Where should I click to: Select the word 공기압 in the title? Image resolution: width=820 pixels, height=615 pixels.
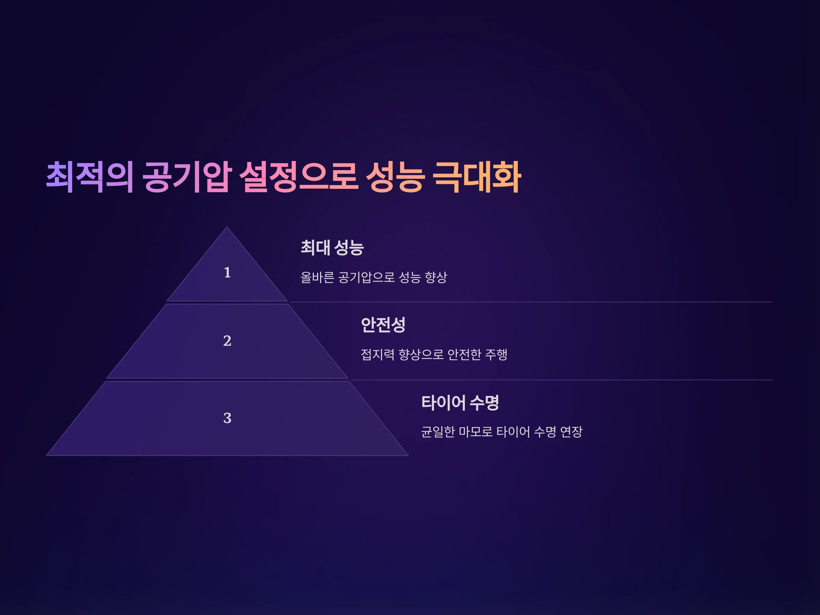[187, 177]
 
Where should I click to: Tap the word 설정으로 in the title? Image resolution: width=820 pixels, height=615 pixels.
[299, 177]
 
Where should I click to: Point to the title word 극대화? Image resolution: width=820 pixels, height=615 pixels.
[477, 177]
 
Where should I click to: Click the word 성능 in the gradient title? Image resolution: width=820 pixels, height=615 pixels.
[395, 177]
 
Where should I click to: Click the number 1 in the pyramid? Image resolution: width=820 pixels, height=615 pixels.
[227, 272]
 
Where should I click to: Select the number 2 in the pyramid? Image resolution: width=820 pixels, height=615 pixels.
[227, 341]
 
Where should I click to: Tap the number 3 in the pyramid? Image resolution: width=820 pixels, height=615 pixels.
[227, 418]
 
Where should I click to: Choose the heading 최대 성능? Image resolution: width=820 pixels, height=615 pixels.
[332, 247]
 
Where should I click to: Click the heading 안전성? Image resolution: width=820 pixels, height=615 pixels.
[383, 325]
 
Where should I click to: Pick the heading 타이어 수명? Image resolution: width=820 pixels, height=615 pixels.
[460, 402]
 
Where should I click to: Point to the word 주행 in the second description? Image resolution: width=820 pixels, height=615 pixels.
[496, 354]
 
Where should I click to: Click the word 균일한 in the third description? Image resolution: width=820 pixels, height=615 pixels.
[438, 432]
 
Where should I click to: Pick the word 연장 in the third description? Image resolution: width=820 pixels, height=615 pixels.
[571, 432]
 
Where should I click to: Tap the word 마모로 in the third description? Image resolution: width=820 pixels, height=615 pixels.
[476, 432]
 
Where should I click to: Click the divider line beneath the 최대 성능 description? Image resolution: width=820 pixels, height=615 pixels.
[531, 302]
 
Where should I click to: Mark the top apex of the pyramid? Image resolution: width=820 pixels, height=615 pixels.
[227, 227]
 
